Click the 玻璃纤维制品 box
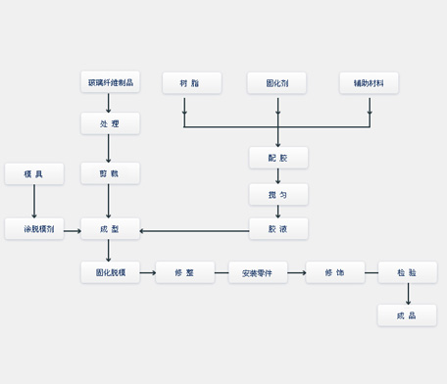[x=110, y=82]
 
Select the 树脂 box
[x=192, y=82]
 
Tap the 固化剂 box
[x=277, y=82]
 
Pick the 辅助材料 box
[x=369, y=82]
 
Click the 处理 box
[x=110, y=123]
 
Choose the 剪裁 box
[x=110, y=173]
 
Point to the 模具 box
[x=34, y=173]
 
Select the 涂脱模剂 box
[x=34, y=229]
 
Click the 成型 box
[x=110, y=229]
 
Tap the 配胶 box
[x=278, y=157]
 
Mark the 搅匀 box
[x=278, y=194]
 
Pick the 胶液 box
[x=278, y=229]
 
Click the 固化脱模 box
[x=110, y=272]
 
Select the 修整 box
[x=184, y=272]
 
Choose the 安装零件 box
[x=258, y=272]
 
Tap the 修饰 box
[x=334, y=272]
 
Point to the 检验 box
[x=407, y=272]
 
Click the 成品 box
[x=407, y=314]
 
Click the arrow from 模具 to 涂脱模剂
[x=34, y=201]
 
